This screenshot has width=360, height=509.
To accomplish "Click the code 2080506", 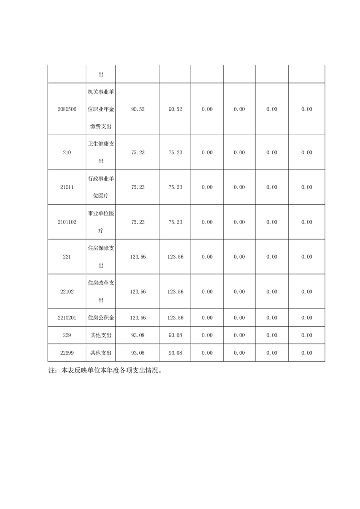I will tap(67, 109).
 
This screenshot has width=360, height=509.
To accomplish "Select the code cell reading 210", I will tap(67, 153).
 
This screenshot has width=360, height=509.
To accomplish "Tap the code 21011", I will tap(67, 187).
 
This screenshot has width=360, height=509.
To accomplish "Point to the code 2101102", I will tap(67, 222).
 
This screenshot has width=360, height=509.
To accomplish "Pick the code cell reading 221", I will tap(67, 257).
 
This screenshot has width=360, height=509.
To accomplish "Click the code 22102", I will tap(67, 292).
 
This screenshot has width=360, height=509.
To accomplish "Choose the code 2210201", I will tap(67, 318).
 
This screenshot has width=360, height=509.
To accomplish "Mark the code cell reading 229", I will tap(67, 335).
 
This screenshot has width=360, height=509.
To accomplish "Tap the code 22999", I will tap(67, 353).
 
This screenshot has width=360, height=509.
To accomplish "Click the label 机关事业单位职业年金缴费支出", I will tap(101, 109).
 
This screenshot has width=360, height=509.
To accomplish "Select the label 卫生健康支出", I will tap(101, 153).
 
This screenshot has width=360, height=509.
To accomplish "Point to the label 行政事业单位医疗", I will tap(101, 187).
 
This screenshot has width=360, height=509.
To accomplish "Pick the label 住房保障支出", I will tap(101, 257).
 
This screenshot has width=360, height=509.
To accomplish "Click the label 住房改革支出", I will tap(101, 292).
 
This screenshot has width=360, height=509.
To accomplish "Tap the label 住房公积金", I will tap(101, 318).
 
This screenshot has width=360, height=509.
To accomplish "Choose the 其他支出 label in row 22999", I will tap(101, 353).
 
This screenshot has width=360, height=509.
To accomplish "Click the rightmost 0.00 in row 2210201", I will tap(307, 318).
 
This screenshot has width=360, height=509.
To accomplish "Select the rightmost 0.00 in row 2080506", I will tap(307, 109).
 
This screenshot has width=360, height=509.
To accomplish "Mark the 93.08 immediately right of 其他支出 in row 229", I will tap(138, 335).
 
